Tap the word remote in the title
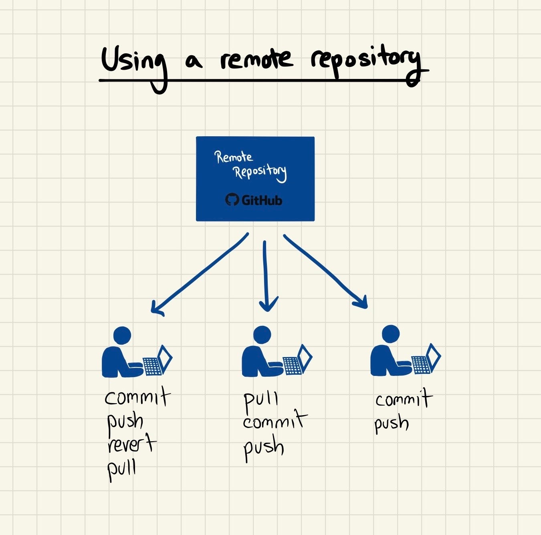[256, 60]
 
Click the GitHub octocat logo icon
[232, 200]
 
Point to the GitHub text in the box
[262, 200]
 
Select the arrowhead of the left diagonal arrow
[156, 309]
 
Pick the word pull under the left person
[122, 469]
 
